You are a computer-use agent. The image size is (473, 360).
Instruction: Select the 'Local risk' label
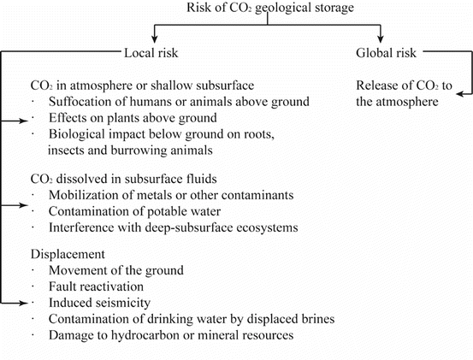(x=155, y=54)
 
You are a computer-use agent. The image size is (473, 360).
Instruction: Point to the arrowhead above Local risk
(x=154, y=40)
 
